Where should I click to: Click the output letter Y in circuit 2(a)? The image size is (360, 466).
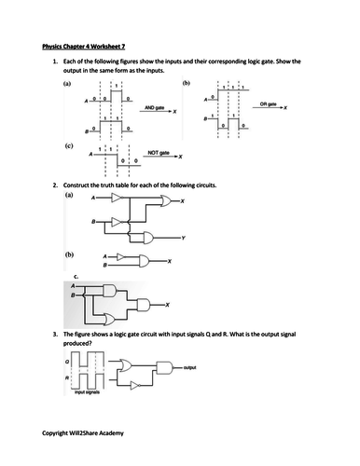click(x=184, y=239)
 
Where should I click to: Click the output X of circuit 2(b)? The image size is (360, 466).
click(x=170, y=261)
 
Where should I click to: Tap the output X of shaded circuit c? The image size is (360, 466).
click(x=167, y=305)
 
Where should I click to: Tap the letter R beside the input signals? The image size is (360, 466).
click(x=55, y=379)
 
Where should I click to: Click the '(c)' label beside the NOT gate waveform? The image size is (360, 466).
click(x=69, y=146)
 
